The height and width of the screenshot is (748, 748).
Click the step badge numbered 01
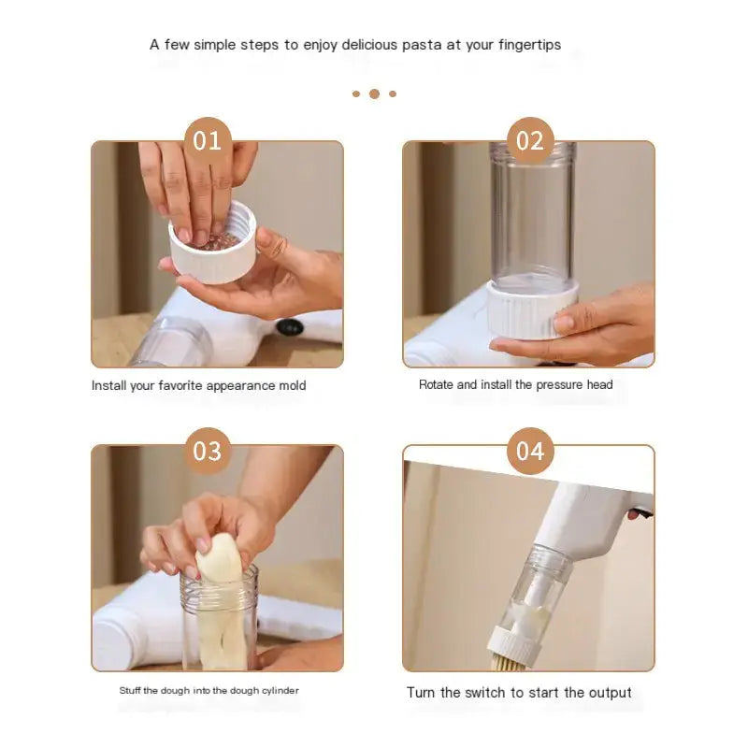click(207, 141)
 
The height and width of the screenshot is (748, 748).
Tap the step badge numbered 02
click(530, 141)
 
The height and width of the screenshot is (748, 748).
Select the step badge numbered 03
click(207, 452)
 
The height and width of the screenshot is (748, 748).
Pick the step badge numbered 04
click(530, 452)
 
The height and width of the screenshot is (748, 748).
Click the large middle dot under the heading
click(374, 93)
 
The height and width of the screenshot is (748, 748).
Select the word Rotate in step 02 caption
click(437, 384)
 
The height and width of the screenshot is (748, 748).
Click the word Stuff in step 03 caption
click(131, 691)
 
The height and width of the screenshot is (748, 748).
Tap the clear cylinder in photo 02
click(531, 220)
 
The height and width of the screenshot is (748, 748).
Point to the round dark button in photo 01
click(290, 328)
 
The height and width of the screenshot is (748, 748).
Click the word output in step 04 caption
click(609, 693)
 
